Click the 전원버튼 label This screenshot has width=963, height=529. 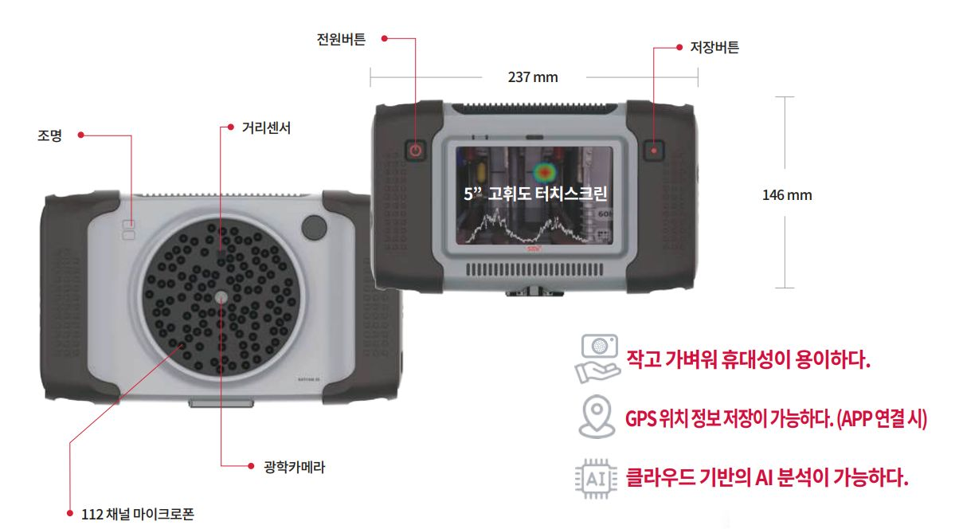tap(341, 39)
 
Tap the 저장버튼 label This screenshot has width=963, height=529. tap(714, 47)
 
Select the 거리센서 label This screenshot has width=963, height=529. tap(266, 127)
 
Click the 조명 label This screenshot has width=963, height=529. tap(49, 135)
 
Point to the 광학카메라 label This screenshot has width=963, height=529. tap(295, 467)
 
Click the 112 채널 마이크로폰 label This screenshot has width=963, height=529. tap(138, 514)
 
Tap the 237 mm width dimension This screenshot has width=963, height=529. tap(533, 77)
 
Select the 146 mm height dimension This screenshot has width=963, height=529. tap(787, 195)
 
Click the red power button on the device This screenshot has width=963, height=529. tap(415, 151)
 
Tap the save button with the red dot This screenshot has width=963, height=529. tap(654, 151)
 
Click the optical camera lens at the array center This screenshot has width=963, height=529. tap(221, 296)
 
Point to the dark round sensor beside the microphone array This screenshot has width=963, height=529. tap(315, 227)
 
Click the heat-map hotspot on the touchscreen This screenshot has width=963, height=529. tap(545, 172)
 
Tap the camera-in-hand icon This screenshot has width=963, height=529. tap(597, 359)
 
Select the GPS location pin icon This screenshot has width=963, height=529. tap(597, 417)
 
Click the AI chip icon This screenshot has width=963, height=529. tap(597, 479)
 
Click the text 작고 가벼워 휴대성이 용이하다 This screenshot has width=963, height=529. tap(748, 359)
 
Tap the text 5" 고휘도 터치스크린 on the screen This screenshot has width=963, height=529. tap(536, 194)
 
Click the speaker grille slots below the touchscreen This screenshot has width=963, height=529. tap(534, 270)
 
